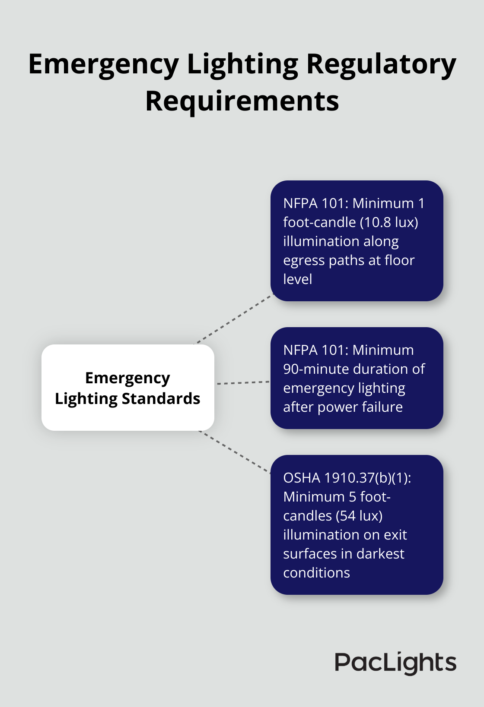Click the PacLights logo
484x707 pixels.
coord(395,663)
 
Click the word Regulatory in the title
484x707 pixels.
coord(381,65)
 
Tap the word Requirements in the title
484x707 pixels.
coord(242,102)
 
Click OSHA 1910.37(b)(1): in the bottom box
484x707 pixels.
coord(347,478)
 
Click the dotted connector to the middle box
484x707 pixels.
coord(242,382)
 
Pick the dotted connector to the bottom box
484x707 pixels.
coord(235,451)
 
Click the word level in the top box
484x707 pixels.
coord(297,279)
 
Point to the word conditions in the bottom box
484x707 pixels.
coord(316,573)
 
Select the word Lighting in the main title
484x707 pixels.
coord(242,65)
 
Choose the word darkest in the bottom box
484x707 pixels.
coord(381,554)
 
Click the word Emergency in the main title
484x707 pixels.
coord(104,65)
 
